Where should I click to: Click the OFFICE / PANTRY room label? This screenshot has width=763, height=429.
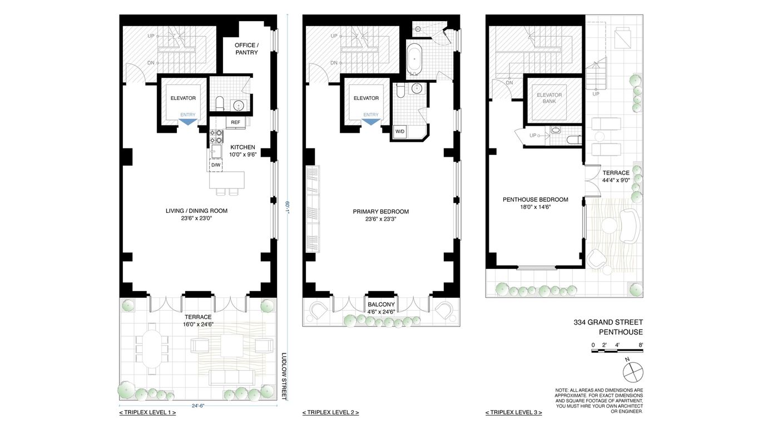(246, 49)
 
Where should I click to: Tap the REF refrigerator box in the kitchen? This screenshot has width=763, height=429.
(236, 122)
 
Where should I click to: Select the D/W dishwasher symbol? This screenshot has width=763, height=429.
(216, 166)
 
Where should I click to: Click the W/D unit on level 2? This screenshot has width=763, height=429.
(399, 132)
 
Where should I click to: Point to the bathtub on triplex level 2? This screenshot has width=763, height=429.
(414, 58)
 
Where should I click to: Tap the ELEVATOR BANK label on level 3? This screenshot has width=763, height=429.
(549, 98)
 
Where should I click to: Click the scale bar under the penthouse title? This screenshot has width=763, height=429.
(617, 351)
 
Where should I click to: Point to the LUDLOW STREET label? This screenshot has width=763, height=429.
(284, 376)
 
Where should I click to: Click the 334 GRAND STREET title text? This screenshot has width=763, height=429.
(608, 322)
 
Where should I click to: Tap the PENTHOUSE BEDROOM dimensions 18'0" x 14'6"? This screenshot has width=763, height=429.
(535, 207)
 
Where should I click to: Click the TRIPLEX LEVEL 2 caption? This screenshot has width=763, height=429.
(330, 412)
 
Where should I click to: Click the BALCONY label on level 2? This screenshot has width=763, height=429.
(381, 305)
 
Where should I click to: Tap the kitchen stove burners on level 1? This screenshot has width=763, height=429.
(216, 136)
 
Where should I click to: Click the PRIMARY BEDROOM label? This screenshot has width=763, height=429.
(381, 212)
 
